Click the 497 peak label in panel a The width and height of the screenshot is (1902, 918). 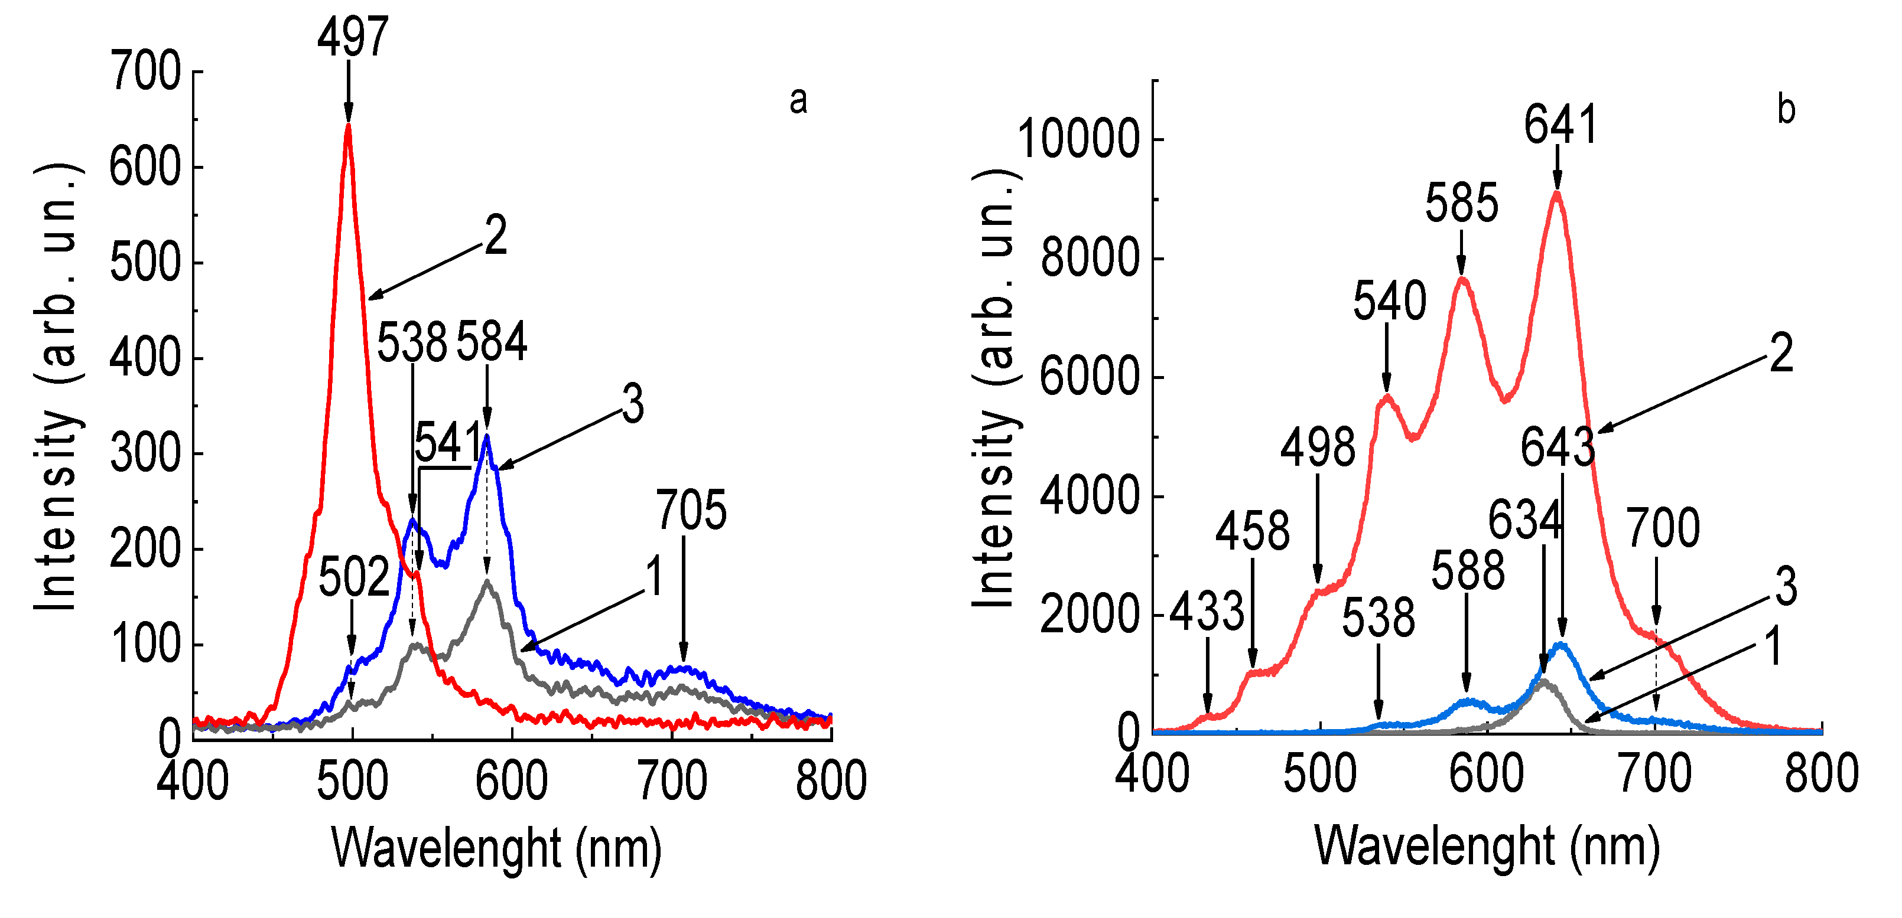[353, 37]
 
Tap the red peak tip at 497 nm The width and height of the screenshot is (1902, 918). [348, 125]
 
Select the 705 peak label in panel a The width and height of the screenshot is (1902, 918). [691, 510]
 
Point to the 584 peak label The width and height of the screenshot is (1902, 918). [492, 342]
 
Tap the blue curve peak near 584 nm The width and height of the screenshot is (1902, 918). [486, 437]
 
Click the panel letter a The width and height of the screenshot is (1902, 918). [798, 100]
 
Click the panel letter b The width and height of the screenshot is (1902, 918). [1786, 110]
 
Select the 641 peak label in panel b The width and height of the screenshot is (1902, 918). [1560, 124]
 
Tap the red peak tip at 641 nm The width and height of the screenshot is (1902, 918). [1556, 194]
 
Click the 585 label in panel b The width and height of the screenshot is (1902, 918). [1461, 203]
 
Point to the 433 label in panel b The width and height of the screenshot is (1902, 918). [1207, 612]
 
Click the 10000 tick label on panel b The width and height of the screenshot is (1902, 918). [1079, 139]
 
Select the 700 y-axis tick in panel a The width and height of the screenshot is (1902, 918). [145, 71]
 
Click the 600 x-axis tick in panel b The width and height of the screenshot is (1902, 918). [1486, 775]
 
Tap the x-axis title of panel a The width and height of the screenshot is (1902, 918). [496, 849]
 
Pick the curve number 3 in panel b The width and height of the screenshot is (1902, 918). [1786, 587]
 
